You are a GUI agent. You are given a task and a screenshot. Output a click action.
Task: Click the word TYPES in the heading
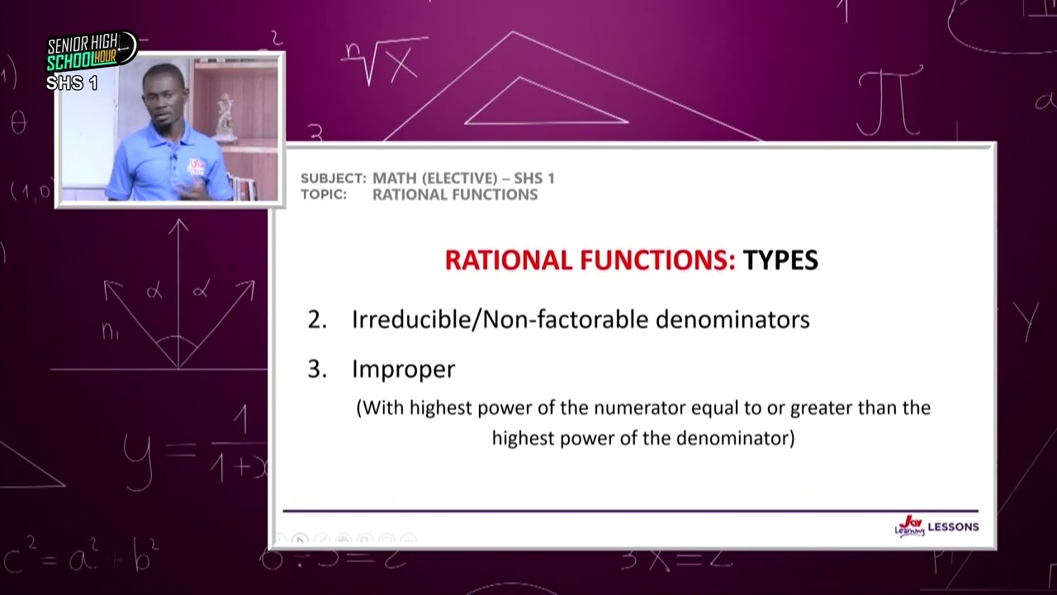coord(780,260)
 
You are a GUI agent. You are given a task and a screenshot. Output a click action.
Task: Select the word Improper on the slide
coord(403,369)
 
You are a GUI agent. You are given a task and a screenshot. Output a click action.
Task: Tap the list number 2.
coord(317,320)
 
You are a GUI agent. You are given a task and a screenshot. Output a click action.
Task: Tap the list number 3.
coord(317,369)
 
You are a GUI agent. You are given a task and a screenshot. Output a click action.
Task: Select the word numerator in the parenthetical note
coord(639,407)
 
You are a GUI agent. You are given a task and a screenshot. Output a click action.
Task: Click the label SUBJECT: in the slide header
coord(333,178)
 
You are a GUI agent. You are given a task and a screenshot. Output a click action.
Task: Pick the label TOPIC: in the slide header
coord(324,195)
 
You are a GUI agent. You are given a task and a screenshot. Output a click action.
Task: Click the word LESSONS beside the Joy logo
coord(953,526)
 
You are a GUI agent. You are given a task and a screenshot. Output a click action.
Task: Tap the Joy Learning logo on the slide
coord(909,526)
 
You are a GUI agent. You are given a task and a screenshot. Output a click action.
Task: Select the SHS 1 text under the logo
coord(72,83)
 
